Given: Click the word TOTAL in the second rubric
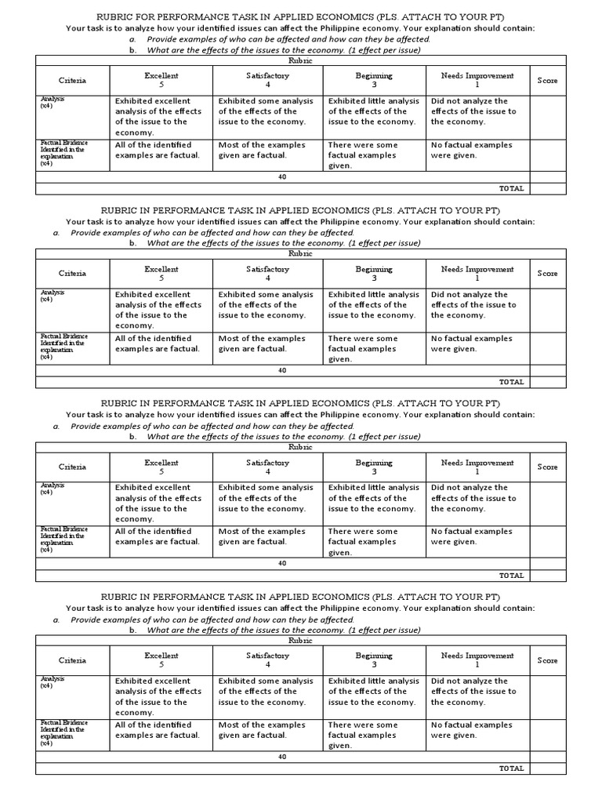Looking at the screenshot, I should (511, 382).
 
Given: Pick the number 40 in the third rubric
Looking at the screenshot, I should (282, 563).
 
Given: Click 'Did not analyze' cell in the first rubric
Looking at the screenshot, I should (473, 111).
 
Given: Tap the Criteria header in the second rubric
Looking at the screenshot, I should (73, 274).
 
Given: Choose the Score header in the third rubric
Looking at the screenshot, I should (547, 467).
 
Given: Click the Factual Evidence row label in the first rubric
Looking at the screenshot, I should (63, 148).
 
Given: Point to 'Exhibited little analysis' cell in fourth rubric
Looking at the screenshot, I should (373, 692).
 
